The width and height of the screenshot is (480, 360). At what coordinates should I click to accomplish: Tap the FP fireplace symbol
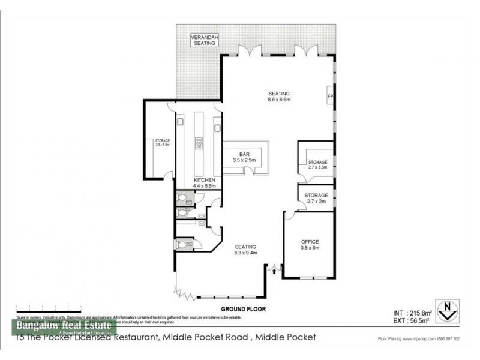[x=329, y=97]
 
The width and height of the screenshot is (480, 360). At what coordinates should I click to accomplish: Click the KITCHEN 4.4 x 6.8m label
[x=204, y=183]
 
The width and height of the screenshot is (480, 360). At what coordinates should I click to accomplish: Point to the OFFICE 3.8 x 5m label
[x=310, y=245]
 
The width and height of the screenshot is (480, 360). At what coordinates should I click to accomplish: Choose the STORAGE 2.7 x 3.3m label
[x=317, y=166]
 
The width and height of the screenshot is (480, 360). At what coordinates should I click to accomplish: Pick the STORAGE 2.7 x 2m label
[x=316, y=199]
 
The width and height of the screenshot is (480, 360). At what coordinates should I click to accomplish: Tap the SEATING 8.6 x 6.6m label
[x=279, y=97]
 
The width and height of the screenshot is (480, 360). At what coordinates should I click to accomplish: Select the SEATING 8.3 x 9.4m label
[x=245, y=250]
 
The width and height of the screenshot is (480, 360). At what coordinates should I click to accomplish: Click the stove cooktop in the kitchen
[x=199, y=143]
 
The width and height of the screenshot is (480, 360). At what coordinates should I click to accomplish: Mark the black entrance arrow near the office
[x=275, y=272]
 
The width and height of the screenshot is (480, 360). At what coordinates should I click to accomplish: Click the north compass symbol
[x=446, y=310]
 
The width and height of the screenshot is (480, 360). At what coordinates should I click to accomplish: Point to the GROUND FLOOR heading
[x=243, y=309]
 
